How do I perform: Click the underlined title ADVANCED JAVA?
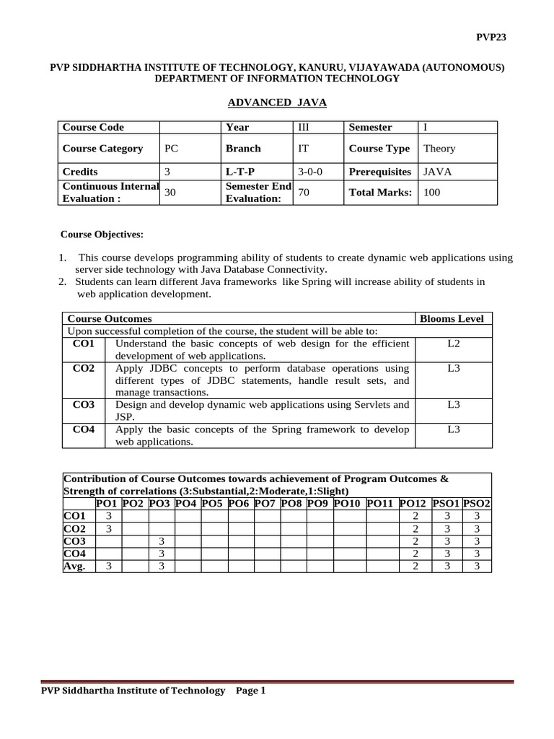[x=277, y=103]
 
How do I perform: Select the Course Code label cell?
[x=94, y=127]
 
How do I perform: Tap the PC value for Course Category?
[x=171, y=148]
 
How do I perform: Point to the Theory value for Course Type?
[x=439, y=148]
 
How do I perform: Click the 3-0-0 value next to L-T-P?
[x=312, y=172]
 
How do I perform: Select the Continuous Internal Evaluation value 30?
[x=171, y=193]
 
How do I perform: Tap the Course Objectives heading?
[x=102, y=235]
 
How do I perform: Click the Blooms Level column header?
[x=452, y=318]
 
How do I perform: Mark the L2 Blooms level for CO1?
[x=453, y=344]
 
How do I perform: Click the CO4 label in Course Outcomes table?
[x=84, y=429]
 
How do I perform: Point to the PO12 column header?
[x=413, y=502]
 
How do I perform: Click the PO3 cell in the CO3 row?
[x=162, y=541]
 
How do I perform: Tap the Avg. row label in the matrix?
[x=75, y=566]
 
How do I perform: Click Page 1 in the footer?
[x=251, y=691]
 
